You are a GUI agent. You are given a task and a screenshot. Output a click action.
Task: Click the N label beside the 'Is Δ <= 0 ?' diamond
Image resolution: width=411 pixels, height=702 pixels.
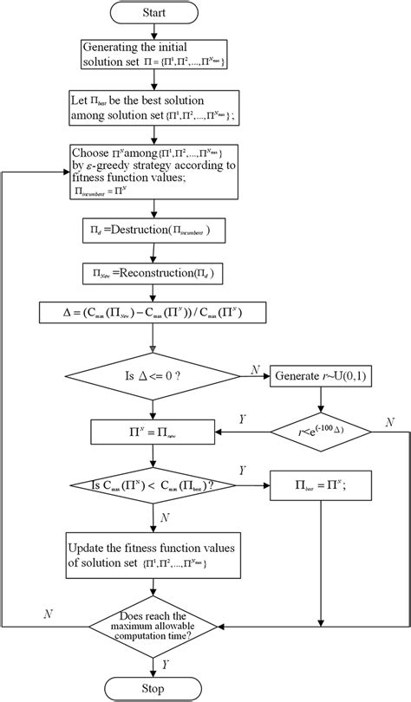pyautogui.click(x=255, y=369)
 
